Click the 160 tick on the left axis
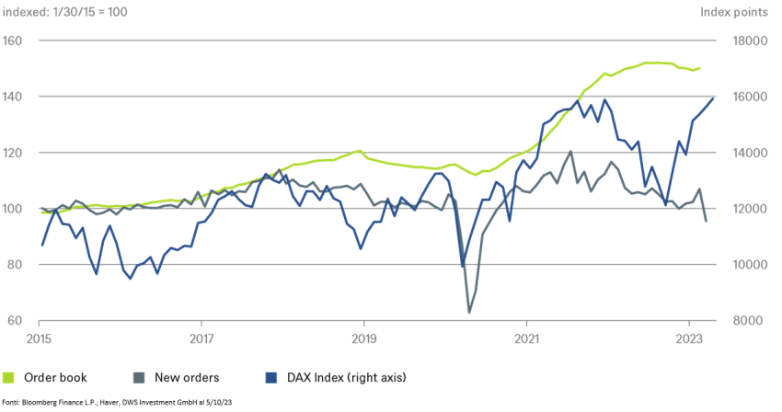(x=12, y=41)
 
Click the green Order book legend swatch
(x=9, y=377)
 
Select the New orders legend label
(x=187, y=377)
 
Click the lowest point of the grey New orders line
(x=469, y=313)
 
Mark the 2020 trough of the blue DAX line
(x=462, y=267)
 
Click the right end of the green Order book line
(x=700, y=68)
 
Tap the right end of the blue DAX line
(x=715, y=97)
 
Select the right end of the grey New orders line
(x=706, y=221)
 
